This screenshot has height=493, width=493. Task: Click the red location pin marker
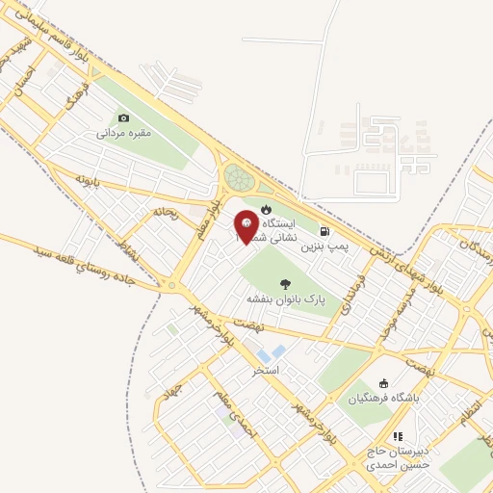(x=246, y=226)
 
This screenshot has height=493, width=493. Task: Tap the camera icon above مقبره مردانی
(x=123, y=118)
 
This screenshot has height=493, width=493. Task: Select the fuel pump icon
(x=324, y=231)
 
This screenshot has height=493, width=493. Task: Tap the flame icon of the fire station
(x=267, y=209)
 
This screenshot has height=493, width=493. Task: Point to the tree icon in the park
(x=285, y=283)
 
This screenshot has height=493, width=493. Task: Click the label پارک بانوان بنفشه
(x=287, y=299)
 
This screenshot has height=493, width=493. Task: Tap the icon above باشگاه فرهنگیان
(x=385, y=382)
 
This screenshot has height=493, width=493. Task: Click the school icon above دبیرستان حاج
(x=397, y=436)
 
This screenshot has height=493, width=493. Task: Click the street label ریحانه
(x=165, y=212)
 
